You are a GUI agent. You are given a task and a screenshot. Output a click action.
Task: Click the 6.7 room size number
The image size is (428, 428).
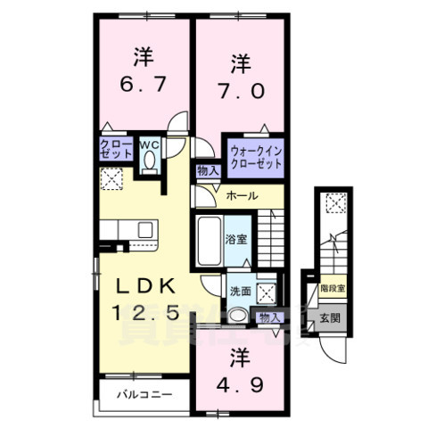point(143,88)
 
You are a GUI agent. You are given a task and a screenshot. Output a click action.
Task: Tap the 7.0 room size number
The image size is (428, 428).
point(240,91)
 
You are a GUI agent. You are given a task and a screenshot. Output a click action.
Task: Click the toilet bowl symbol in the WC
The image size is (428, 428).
point(149,160)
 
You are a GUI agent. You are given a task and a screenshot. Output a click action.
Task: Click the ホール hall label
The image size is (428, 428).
point(242,195)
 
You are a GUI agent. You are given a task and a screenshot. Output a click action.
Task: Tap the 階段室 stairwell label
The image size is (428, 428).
point(332,289)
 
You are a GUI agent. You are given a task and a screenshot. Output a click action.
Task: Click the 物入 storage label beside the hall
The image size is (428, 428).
point(206,171)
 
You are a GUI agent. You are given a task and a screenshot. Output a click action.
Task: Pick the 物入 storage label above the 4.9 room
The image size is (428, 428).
point(268,317)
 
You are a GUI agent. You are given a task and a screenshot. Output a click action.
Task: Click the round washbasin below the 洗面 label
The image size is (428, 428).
point(237,315)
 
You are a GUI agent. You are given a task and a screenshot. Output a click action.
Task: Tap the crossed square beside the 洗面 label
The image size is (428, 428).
point(265,290)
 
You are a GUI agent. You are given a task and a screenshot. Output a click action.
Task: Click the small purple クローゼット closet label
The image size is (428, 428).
point(113,148)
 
